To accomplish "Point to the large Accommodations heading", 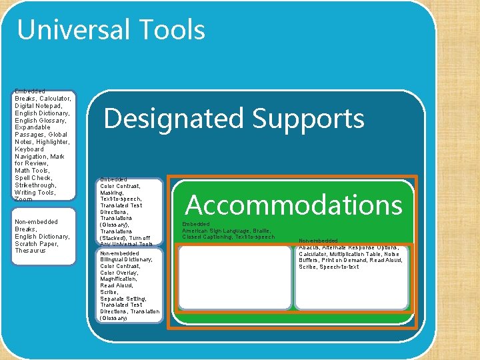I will tap(293, 205).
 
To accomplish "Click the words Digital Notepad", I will tap(38, 106).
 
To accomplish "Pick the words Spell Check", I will tap(33, 178).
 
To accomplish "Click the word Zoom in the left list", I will tap(23, 199).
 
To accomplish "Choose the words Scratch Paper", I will tap(36, 244).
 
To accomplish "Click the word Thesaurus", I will tap(31, 251).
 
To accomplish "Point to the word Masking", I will tap(113, 193).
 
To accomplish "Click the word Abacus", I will tap(310, 247).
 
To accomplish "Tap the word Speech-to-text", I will tap(339, 267).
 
